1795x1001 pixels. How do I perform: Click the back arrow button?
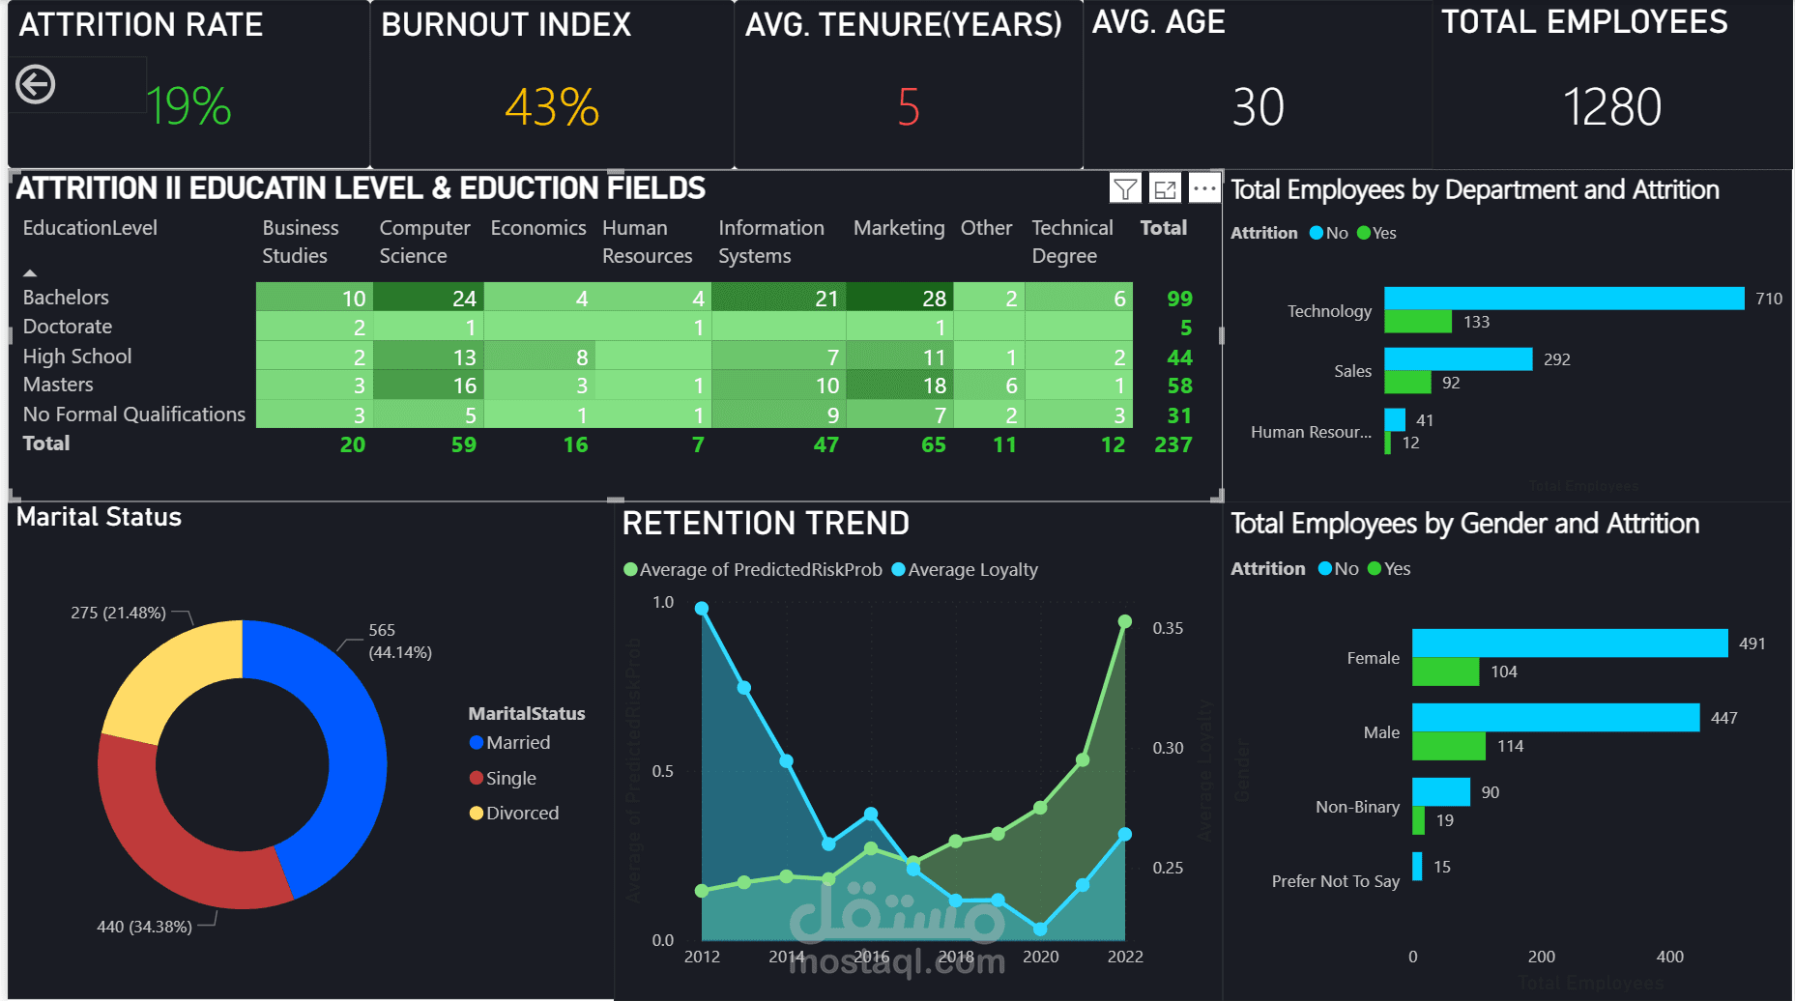point(36,84)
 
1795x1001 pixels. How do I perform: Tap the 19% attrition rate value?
point(188,106)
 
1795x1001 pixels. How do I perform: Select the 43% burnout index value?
point(552,106)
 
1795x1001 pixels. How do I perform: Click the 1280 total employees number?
point(1611,106)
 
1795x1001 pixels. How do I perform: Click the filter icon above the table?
point(1125,188)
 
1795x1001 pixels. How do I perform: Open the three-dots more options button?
point(1203,188)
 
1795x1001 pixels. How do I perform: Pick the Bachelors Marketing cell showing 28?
point(900,298)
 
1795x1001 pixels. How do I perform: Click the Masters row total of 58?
point(1179,386)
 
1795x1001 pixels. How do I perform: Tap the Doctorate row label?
point(68,327)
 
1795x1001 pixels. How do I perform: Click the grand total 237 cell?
point(1173,444)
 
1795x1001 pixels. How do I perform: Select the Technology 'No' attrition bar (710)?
point(1563,299)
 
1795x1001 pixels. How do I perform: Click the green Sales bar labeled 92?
point(1407,383)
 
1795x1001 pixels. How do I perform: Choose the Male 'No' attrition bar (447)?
point(1555,718)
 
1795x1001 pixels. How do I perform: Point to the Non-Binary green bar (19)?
point(1418,820)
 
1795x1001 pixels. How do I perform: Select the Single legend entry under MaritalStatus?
point(510,778)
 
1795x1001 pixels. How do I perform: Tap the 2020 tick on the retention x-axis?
point(1040,957)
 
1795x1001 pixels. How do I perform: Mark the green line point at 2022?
point(1124,621)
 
